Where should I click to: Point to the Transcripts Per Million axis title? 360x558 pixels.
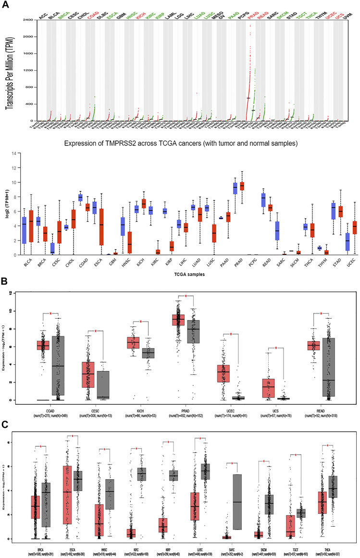[10, 70]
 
